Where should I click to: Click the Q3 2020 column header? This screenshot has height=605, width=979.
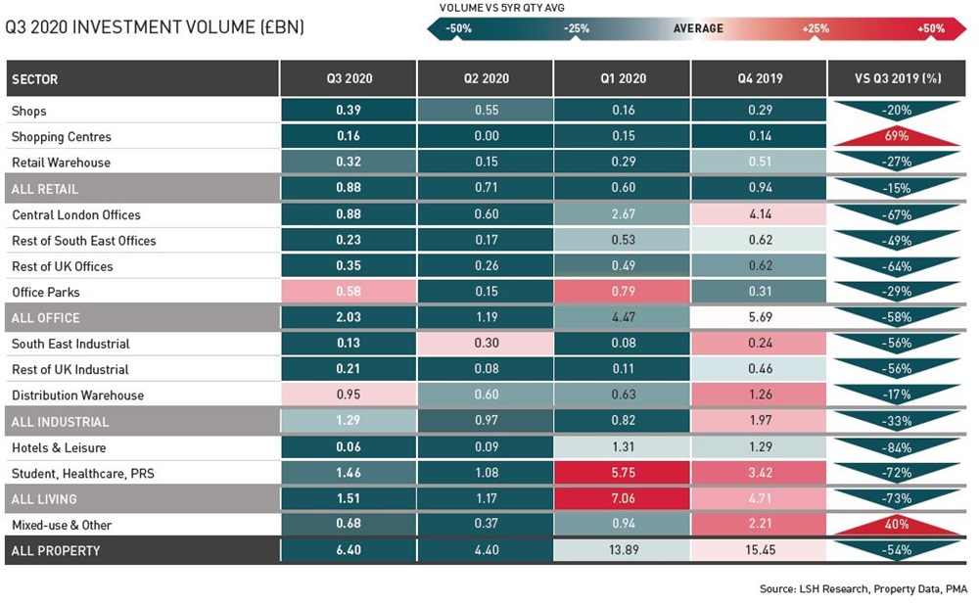pyautogui.click(x=350, y=78)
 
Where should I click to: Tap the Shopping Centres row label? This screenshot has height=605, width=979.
pyautogui.click(x=62, y=137)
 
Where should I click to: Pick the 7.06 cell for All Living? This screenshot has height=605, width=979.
pyautogui.click(x=624, y=499)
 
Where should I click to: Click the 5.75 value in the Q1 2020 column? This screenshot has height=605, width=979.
pyautogui.click(x=624, y=474)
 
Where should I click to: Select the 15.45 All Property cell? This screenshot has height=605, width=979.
pyautogui.click(x=760, y=550)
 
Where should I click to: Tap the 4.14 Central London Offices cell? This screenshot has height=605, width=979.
pyautogui.click(x=760, y=214)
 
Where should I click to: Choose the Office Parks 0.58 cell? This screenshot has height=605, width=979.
pyautogui.click(x=350, y=292)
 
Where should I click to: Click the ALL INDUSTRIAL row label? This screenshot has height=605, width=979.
pyautogui.click(x=61, y=422)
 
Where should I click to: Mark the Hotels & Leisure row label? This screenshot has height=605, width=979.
pyautogui.click(x=59, y=447)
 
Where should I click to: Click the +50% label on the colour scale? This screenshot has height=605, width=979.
pyautogui.click(x=931, y=28)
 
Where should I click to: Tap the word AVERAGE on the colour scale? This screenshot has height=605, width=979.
pyautogui.click(x=698, y=28)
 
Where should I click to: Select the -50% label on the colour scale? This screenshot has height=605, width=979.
pyautogui.click(x=458, y=28)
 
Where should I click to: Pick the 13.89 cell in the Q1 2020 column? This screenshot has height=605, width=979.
pyautogui.click(x=624, y=550)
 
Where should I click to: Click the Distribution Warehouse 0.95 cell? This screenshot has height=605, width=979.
pyautogui.click(x=350, y=396)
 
